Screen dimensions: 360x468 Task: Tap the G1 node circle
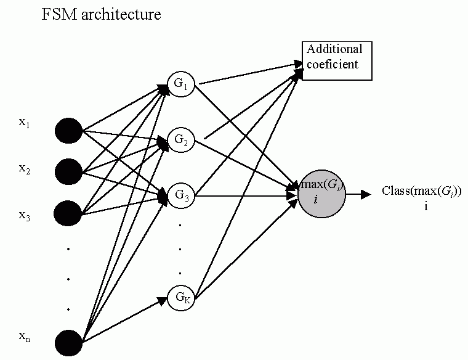[x=181, y=86]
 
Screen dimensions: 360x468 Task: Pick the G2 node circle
[x=181, y=141]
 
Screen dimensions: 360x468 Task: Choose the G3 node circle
[x=181, y=196]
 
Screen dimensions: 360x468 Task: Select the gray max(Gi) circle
[x=321, y=192]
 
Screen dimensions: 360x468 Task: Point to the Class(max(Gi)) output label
[x=422, y=191]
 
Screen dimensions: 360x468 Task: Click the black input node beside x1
[x=69, y=130]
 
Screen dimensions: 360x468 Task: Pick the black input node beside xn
[x=69, y=342]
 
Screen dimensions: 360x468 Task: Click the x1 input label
[x=25, y=123]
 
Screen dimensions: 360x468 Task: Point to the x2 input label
[x=25, y=169]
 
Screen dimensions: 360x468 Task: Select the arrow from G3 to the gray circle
[x=246, y=196]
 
